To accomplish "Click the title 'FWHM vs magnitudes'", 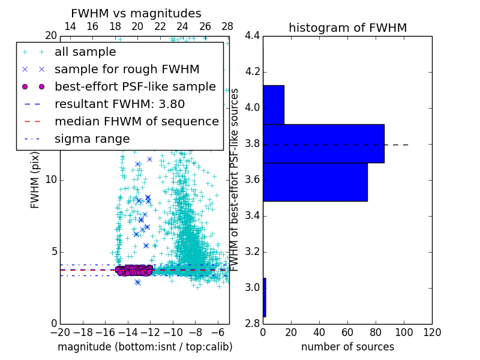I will (136, 13).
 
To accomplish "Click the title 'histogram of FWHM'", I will (347, 28).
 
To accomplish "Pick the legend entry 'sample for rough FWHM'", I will (127, 69).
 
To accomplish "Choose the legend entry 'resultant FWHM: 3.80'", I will (119, 104).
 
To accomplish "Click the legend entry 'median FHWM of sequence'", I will (136, 121).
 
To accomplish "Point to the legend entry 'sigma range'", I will (92, 139).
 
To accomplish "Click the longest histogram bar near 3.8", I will (323, 143).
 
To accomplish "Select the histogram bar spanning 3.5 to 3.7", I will (315, 182).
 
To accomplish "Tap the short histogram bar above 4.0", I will (273, 104).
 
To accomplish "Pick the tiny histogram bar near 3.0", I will (264, 297).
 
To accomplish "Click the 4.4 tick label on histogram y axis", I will (252, 36).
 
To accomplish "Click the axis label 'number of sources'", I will (347, 347).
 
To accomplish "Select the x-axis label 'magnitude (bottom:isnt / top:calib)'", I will (145, 347).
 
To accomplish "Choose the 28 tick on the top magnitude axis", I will (227, 26).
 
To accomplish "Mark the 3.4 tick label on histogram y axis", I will (252, 215).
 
